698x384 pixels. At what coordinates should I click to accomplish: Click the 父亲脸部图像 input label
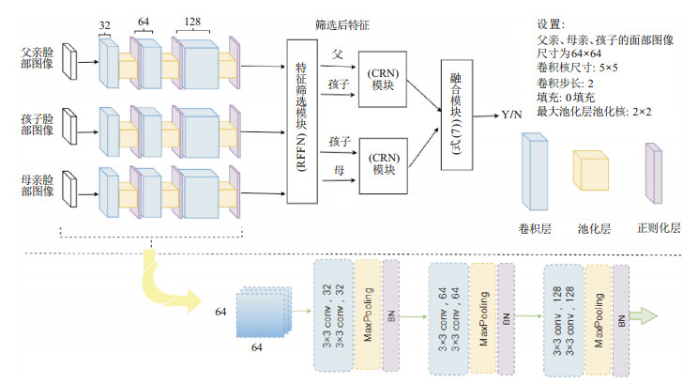(x=35, y=60)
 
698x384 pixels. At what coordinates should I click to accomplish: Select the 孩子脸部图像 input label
(x=35, y=126)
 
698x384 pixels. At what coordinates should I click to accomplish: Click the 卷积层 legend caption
(x=537, y=227)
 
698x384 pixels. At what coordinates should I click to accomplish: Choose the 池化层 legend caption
(x=592, y=227)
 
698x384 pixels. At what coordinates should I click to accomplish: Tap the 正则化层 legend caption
(x=658, y=227)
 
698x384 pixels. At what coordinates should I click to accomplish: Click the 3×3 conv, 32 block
(x=334, y=311)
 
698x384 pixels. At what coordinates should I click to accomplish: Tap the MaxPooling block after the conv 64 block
(x=482, y=311)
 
